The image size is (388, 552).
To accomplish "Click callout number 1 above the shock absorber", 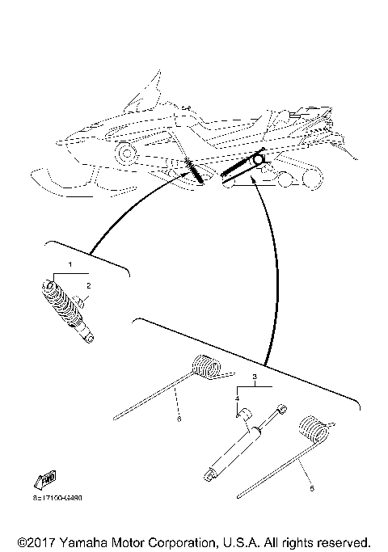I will (x=70, y=264).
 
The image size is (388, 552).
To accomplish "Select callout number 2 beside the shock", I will (x=89, y=285).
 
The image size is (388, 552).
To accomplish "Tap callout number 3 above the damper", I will (x=255, y=377).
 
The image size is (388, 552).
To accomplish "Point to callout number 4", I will (x=238, y=398).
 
